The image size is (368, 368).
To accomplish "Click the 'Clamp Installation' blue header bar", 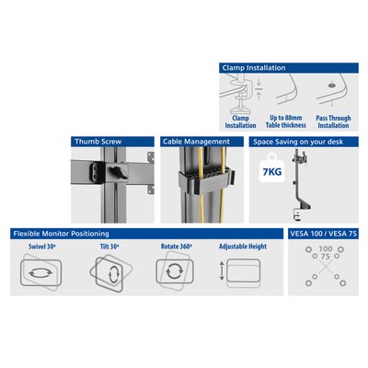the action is tap(289, 68).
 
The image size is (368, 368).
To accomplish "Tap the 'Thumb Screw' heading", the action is tap(98, 142).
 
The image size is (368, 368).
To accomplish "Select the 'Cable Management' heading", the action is tap(196, 142).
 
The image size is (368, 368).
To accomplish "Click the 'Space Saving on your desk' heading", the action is tap(298, 142).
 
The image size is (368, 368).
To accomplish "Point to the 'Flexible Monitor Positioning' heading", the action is tap(61, 234).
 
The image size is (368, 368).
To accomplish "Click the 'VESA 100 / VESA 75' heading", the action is tap(324, 234).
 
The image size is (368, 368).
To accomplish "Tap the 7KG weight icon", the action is tap(271, 168).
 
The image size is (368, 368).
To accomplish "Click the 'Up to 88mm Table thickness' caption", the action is tap(286, 121).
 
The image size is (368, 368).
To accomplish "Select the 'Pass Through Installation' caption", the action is tap(333, 121).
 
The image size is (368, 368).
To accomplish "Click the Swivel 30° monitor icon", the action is tap(40, 272).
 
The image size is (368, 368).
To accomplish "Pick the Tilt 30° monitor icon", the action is tap(111, 272).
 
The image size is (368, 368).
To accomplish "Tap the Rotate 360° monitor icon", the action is tap(175, 271).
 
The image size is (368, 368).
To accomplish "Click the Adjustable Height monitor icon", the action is tap(244, 271).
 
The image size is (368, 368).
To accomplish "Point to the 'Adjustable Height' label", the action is tap(243, 247).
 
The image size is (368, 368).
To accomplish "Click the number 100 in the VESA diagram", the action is tap(326, 249).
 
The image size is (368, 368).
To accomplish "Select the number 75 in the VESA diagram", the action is tap(326, 257).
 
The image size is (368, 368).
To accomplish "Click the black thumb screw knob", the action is tap(119, 173).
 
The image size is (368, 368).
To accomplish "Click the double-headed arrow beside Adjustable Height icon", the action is tap(222, 270).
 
